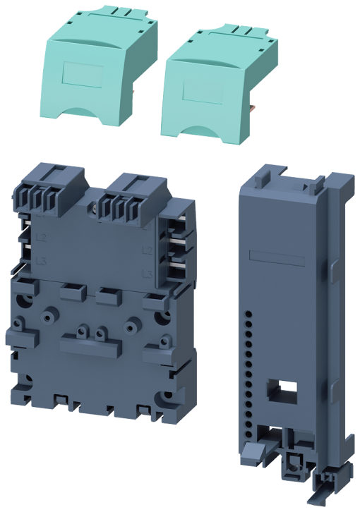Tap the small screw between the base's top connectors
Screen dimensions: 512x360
coord(95,209)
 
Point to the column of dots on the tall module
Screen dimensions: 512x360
coord(249,367)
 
